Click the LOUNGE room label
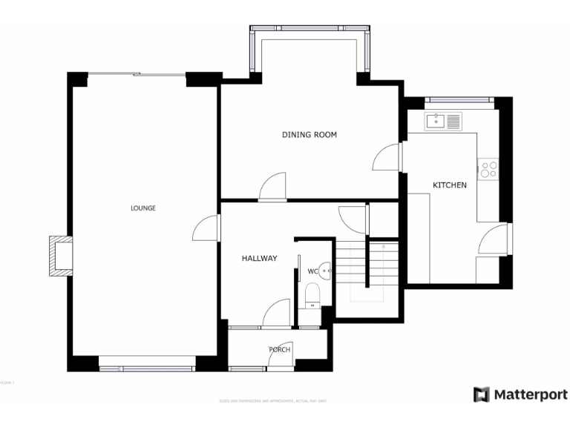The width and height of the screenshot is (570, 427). (x=142, y=208)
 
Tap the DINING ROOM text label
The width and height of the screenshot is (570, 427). (x=309, y=135)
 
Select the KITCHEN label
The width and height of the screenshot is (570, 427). (x=450, y=185)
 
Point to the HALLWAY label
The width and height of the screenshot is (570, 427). (x=259, y=259)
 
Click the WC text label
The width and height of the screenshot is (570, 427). (x=312, y=272)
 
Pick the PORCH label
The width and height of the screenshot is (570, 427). (x=280, y=350)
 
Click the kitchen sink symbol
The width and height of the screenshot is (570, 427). (x=443, y=121)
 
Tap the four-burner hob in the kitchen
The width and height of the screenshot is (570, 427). (x=488, y=169)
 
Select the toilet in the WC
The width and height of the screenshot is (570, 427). (x=312, y=297)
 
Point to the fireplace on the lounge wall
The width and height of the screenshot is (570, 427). (x=60, y=256)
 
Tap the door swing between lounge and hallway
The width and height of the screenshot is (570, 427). (x=205, y=228)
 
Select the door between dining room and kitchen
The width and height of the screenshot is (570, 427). (x=387, y=156)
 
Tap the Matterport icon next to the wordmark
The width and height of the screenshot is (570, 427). (x=482, y=394)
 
